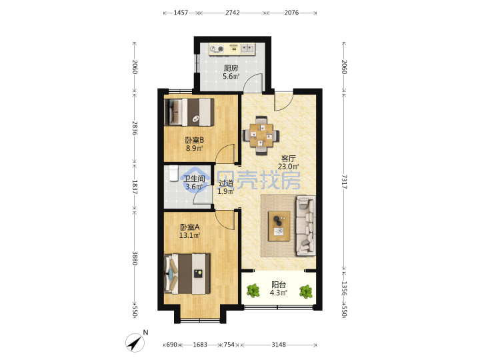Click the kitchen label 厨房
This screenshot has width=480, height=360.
[231, 68]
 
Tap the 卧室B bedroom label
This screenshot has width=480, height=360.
[195, 140]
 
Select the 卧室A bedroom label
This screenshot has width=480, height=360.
[190, 227]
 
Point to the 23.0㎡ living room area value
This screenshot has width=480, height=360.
[289, 167]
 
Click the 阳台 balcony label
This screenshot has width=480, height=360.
[279, 285]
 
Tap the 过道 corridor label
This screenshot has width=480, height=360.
[226, 183]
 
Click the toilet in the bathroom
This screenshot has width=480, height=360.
[173, 173]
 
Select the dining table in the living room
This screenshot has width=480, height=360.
[261, 135]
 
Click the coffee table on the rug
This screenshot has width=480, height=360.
[279, 226]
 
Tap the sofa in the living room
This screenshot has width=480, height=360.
[306, 225]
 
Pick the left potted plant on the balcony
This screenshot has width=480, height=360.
[253, 291]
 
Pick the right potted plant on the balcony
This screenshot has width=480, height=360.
[306, 291]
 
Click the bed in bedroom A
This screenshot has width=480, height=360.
[187, 274]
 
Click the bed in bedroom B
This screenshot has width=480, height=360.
[189, 112]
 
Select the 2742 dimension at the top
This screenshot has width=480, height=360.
[233, 13]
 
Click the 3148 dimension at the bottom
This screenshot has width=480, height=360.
[279, 345]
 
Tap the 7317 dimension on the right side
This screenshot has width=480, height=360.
[344, 182]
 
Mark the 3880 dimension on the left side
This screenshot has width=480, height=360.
[135, 258]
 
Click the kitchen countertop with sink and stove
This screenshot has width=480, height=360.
[232, 49]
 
